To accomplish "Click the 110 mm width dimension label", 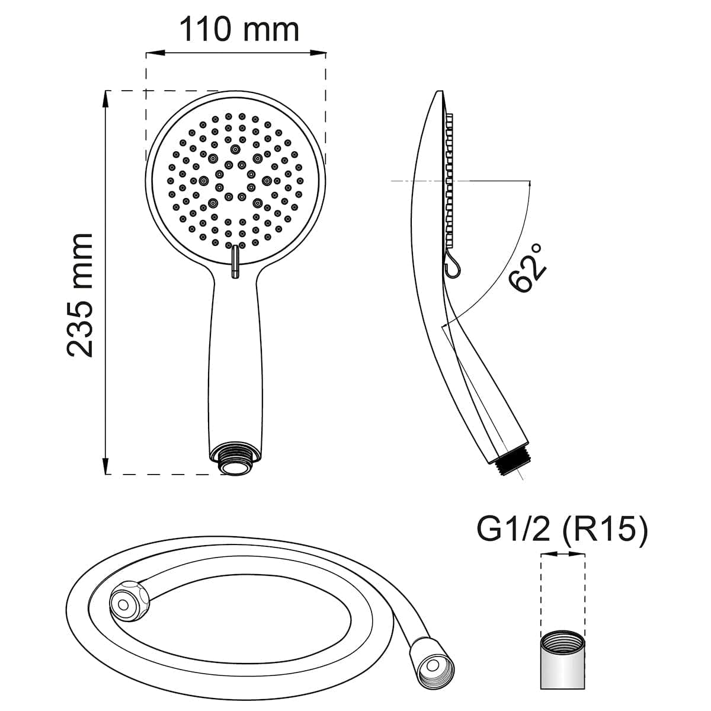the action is pyautogui.click(x=239, y=30).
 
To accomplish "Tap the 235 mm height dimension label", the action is pyautogui.click(x=80, y=295).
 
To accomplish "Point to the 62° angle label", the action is pyautogui.click(x=527, y=269).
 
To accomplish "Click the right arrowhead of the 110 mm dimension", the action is pyautogui.click(x=318, y=53).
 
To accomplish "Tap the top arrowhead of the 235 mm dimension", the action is pyautogui.click(x=106, y=99).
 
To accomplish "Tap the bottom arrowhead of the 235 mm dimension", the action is pyautogui.click(x=106, y=466).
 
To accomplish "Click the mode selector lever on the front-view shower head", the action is pyautogui.click(x=235, y=262).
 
